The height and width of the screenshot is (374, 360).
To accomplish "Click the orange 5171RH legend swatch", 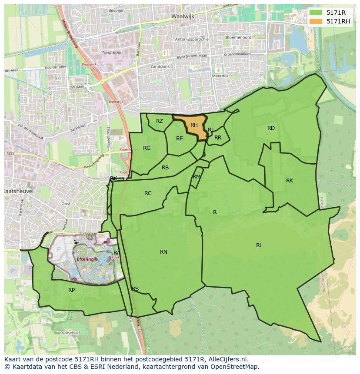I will click(x=316, y=21).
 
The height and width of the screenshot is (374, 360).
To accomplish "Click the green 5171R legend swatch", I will click(x=316, y=13).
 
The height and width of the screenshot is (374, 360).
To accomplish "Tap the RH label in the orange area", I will click(x=194, y=125).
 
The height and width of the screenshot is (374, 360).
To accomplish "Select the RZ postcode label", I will click(x=160, y=121).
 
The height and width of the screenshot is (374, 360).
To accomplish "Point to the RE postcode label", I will click(x=180, y=139).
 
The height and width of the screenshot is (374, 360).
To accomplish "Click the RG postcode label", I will click(x=147, y=148).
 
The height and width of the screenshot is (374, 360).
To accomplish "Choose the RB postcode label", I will click(x=165, y=168).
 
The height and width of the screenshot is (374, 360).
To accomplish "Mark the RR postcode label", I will click(x=218, y=138).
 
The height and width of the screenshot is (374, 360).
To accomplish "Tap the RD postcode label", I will click(x=271, y=128).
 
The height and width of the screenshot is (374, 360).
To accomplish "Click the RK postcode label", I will click(x=290, y=181).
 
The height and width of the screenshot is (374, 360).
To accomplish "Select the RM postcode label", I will click(x=197, y=176).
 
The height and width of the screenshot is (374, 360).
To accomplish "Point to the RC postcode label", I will click(x=148, y=193).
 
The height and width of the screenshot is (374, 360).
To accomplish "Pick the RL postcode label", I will click(x=259, y=245).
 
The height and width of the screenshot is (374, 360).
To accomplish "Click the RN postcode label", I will click(x=163, y=252).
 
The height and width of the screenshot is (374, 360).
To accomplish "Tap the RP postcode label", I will click(x=71, y=290).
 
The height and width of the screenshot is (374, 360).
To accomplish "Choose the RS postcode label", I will click(x=135, y=289).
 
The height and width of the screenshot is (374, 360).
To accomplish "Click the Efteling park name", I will click(x=85, y=259).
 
